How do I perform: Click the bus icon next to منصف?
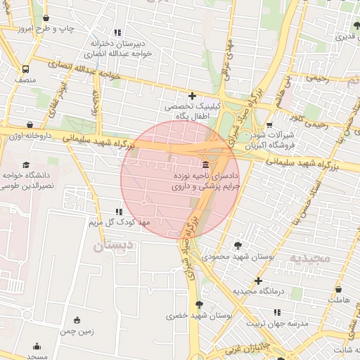[x=26, y=70]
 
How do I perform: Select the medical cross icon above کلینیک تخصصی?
[x=192, y=96]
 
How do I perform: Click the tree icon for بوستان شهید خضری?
[x=200, y=304]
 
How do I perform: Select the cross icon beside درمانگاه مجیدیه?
[x=259, y=281]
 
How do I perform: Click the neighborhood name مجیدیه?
[x=309, y=258]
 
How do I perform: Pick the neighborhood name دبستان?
[x=112, y=245]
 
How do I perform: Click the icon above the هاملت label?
[x=338, y=289]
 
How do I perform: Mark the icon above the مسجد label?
[x=37, y=347]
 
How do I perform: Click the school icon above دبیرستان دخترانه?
[x=117, y=32]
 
